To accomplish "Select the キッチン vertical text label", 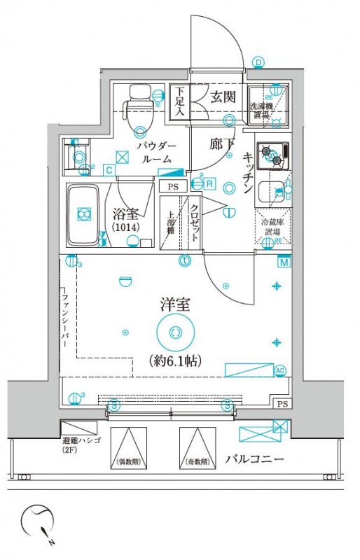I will point(248,172).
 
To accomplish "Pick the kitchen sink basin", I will point(268,191).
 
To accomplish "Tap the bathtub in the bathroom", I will point(84,214).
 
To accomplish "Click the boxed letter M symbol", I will point(284,262).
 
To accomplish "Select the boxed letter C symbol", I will point(109,169).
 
